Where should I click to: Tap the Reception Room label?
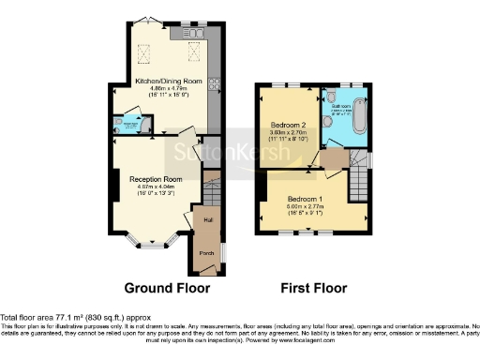[155, 178]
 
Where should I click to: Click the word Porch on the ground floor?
[205, 251]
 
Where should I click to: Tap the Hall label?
[208, 219]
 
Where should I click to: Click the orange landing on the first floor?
[330, 159]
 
